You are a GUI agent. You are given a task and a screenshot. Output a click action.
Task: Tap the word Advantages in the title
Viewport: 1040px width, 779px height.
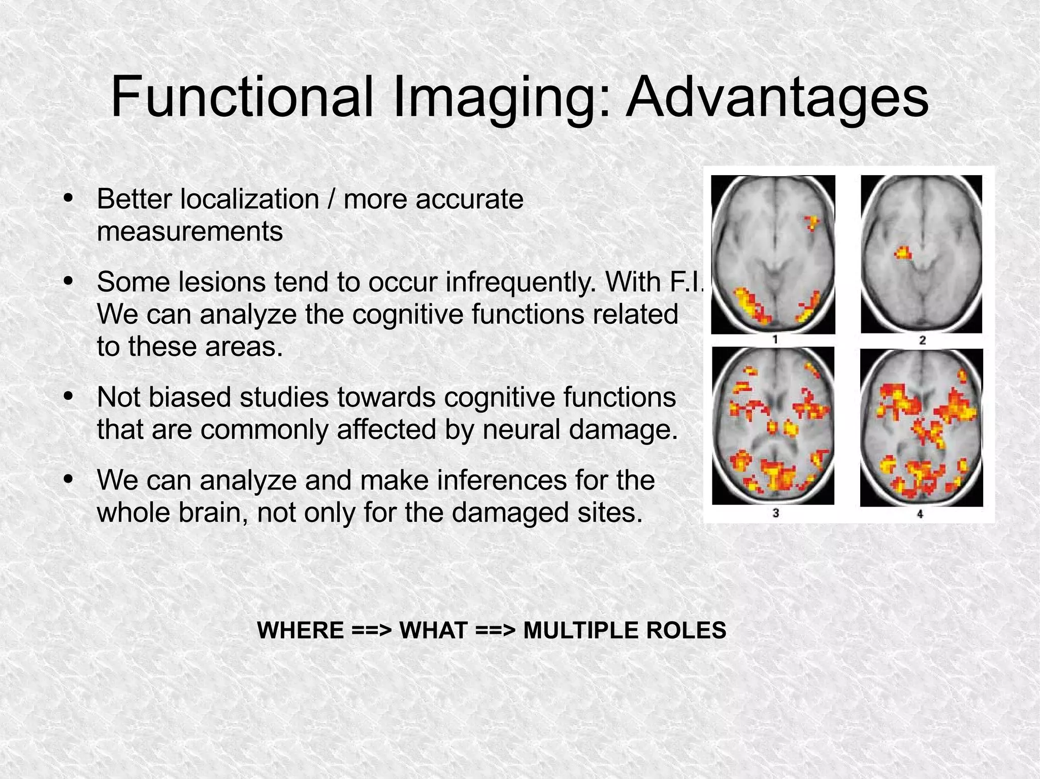pyautogui.click(x=777, y=97)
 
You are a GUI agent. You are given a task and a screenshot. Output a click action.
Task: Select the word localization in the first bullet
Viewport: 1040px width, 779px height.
pyautogui.click(x=249, y=199)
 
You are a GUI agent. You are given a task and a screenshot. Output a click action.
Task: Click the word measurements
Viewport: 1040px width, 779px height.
pyautogui.click(x=189, y=231)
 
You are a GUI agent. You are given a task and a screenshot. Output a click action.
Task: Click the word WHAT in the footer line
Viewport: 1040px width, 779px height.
pyautogui.click(x=434, y=630)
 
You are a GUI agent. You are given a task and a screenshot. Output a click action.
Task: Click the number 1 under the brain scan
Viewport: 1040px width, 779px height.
pyautogui.click(x=775, y=340)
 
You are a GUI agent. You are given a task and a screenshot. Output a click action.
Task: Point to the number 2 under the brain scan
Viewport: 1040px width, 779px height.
pyautogui.click(x=922, y=340)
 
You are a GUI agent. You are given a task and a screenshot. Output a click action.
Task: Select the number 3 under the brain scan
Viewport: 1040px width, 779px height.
pyautogui.click(x=775, y=513)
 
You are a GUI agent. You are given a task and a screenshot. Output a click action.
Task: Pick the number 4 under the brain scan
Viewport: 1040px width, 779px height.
pyautogui.click(x=920, y=514)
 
